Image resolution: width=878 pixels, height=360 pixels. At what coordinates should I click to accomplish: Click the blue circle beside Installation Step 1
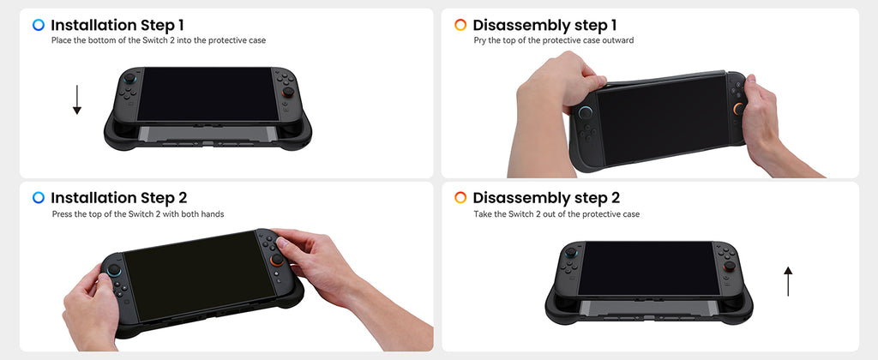39,25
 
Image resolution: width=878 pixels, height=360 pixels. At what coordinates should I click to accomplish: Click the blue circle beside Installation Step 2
39,198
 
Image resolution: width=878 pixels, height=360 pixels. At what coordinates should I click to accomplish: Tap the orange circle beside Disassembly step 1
460,25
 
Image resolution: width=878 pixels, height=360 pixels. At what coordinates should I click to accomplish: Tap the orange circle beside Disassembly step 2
460,198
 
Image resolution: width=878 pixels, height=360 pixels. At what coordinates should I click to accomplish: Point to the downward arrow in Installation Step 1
77,99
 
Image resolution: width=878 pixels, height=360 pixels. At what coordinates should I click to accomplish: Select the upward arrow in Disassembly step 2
788,281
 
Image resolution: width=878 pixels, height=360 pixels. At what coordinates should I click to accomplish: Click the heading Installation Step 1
117,25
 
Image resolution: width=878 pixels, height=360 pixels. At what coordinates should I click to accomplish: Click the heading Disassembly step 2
546,198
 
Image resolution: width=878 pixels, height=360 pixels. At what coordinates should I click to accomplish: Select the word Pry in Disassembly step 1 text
479,41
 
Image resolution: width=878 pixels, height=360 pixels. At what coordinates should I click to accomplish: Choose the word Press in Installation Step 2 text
62,214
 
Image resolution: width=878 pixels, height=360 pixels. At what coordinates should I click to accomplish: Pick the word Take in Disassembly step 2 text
482,214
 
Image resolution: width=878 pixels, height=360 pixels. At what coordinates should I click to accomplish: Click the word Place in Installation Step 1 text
62,40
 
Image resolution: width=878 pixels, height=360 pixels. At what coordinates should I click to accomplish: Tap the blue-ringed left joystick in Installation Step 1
129,78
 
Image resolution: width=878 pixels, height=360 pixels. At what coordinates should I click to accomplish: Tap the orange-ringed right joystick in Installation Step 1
288,91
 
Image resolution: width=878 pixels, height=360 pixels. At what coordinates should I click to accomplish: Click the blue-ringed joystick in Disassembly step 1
585,112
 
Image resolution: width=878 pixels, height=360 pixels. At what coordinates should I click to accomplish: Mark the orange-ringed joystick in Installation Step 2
277,260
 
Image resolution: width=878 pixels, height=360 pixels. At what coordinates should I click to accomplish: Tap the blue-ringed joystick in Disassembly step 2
570,253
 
